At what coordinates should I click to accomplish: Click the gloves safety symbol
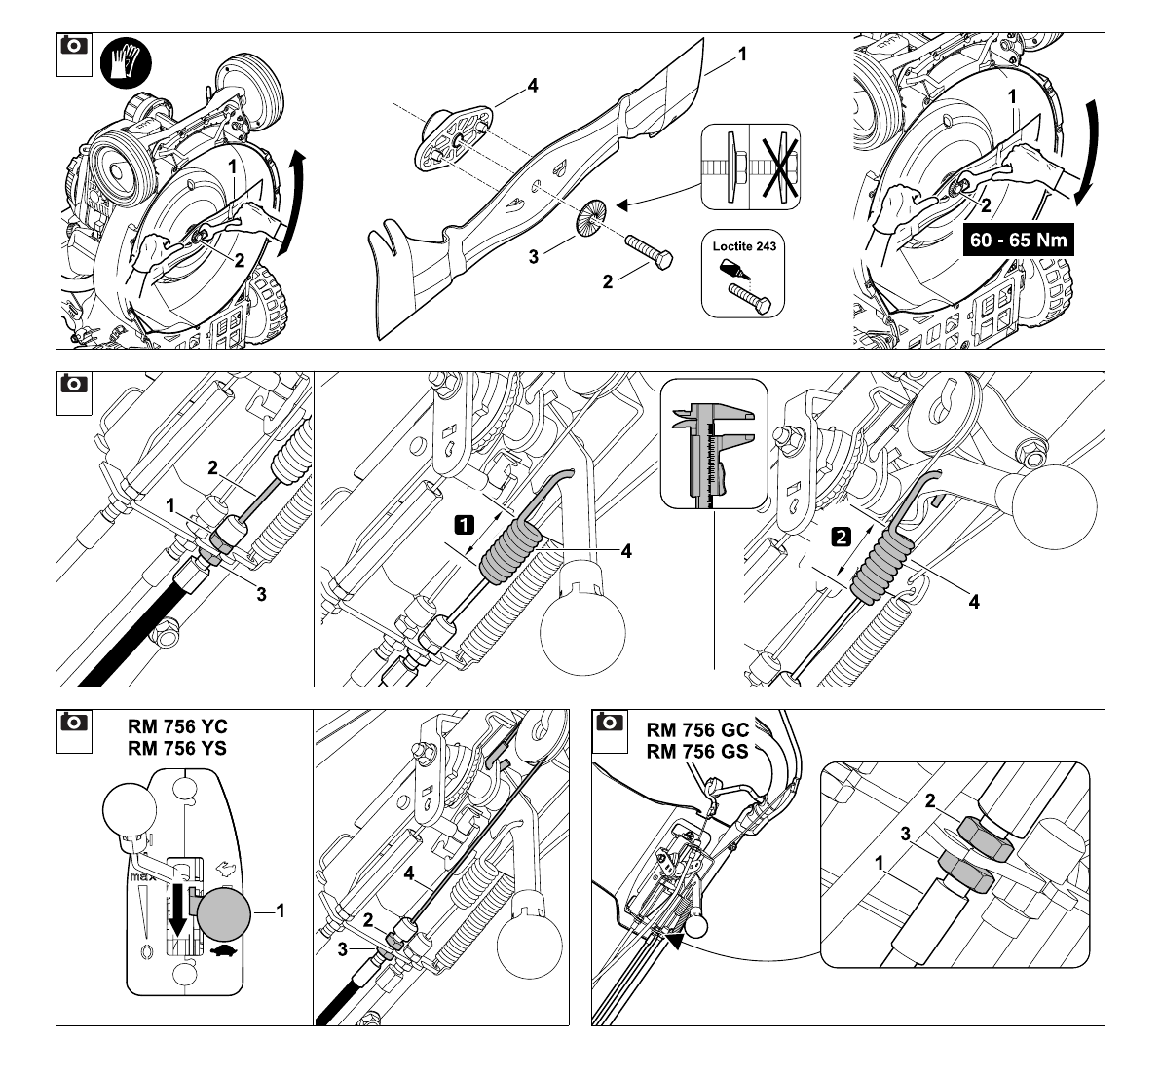pyautogui.click(x=126, y=62)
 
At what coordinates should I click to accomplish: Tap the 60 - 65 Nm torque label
pyautogui.click(x=1018, y=240)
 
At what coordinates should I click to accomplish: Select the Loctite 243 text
pyautogui.click(x=744, y=246)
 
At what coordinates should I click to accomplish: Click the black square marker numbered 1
pyautogui.click(x=464, y=525)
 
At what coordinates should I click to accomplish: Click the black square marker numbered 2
pyautogui.click(x=842, y=537)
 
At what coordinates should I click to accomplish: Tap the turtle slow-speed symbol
pyautogui.click(x=225, y=951)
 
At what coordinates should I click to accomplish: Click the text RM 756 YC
pyautogui.click(x=177, y=726)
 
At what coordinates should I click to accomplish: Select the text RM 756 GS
pyautogui.click(x=696, y=752)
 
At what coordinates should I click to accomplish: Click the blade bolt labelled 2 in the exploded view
pyautogui.click(x=650, y=251)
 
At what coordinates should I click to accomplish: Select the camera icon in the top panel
pyautogui.click(x=72, y=45)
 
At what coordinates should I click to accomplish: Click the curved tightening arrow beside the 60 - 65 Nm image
pyautogui.click(x=1086, y=152)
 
